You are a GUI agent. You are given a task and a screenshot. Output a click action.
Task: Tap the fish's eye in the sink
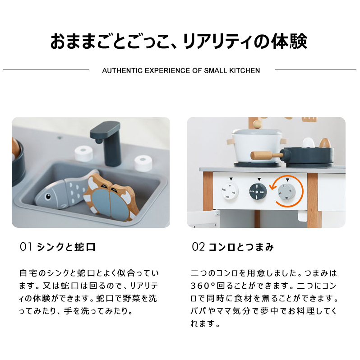coord(48,197)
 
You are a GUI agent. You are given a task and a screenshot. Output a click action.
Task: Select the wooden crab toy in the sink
coord(111,198)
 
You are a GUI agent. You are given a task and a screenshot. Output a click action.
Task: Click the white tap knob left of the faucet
coord(84,153)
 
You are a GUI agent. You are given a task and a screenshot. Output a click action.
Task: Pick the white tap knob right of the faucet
coord(143,163)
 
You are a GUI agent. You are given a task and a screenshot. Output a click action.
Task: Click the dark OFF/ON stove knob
coord(258,191)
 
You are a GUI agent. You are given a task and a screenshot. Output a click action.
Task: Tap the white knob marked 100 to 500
coord(230,191)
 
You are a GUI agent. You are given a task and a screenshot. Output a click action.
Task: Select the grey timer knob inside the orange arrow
coord(286,192)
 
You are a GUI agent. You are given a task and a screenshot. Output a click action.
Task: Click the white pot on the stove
coord(256,146)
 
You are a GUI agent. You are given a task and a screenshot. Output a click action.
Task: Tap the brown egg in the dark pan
coord(325,143)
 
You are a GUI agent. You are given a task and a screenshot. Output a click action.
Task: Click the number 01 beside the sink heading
coord(26,247)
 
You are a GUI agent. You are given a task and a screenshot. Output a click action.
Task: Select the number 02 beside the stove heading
coord(198,247)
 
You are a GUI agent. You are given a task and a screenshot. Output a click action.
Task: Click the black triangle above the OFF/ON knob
coord(259,179)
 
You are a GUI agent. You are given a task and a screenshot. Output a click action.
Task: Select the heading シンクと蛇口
coord(66,247)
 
